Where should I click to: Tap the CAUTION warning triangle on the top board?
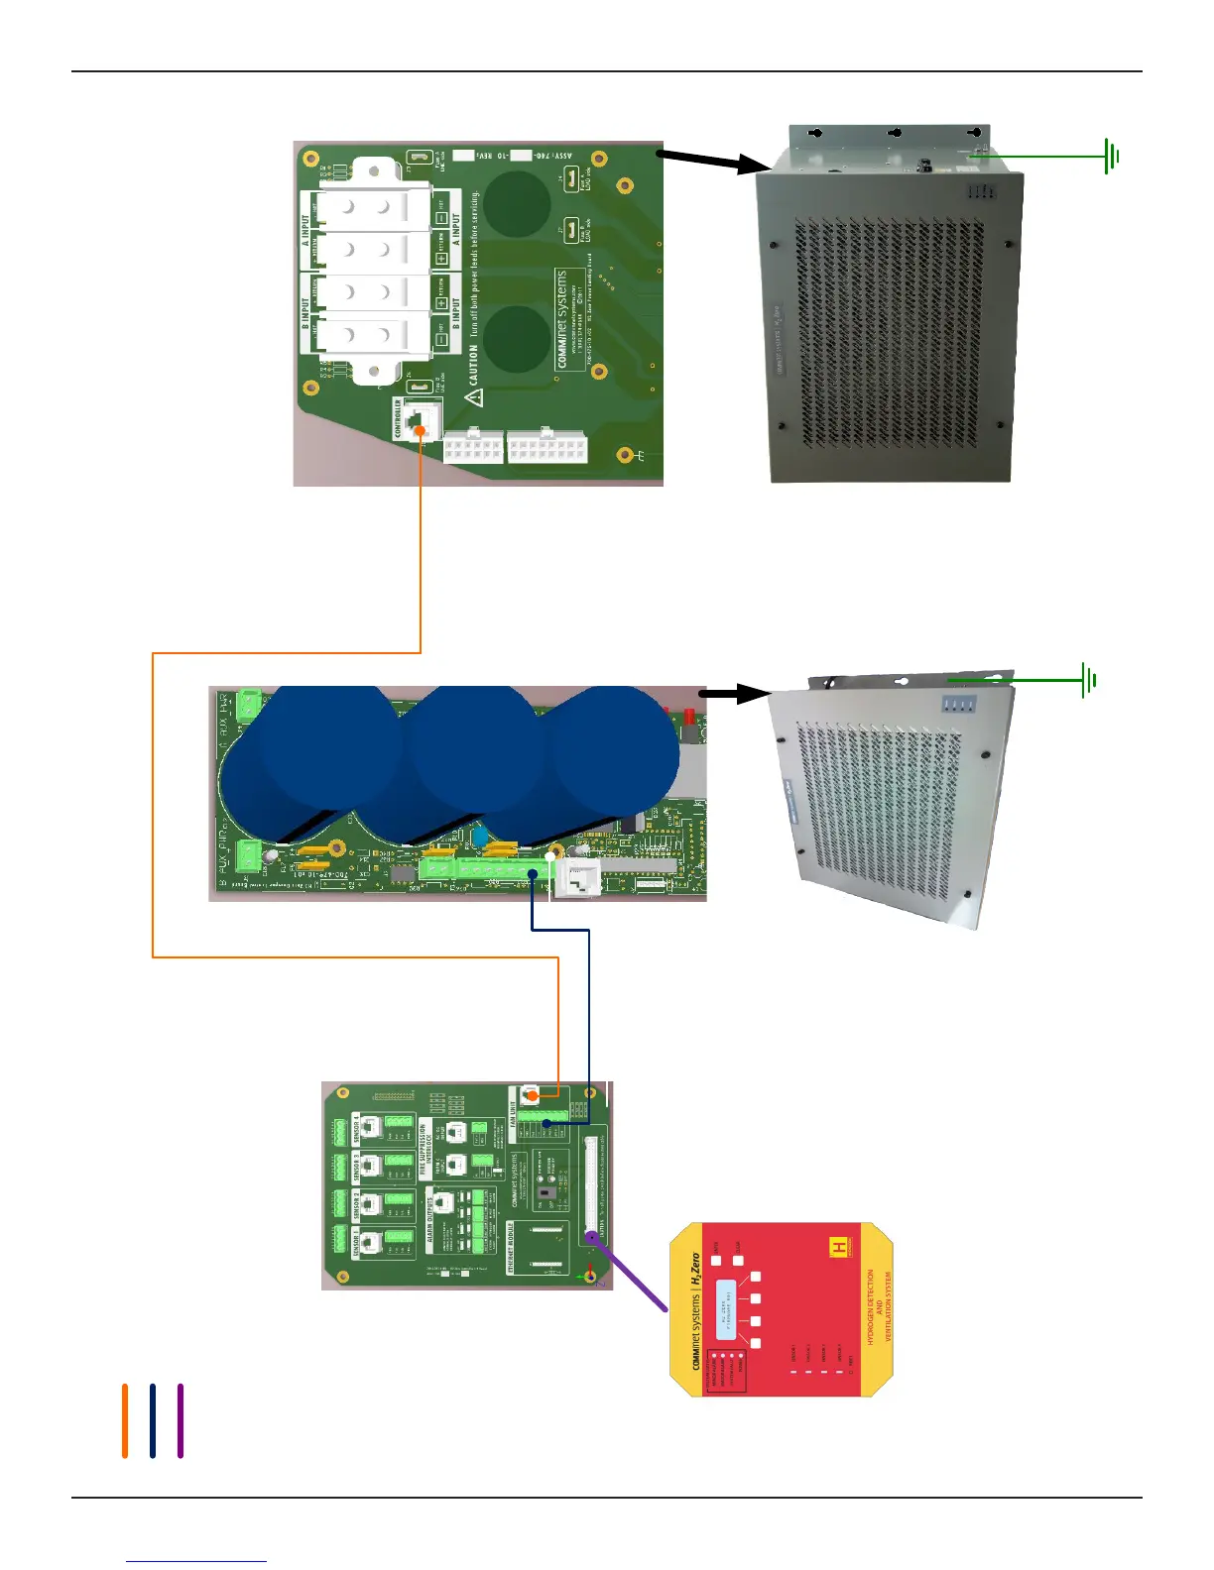475,397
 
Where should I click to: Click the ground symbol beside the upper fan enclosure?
1112,156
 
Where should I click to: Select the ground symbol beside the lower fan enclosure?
1089,681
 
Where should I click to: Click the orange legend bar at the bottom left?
125,1420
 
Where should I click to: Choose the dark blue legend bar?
153,1420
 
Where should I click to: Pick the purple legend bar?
181,1420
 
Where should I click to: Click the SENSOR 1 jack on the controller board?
370,1241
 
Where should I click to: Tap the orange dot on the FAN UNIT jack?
532,1096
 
